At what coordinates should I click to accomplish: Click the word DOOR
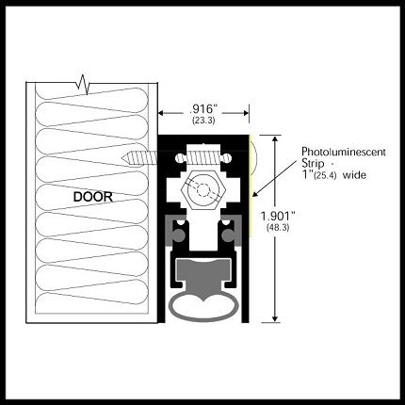(93, 197)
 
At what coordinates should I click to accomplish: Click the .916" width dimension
(203, 109)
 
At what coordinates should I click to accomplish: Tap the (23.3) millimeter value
(203, 121)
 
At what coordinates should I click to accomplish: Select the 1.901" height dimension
(278, 216)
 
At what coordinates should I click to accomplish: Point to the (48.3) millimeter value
(278, 228)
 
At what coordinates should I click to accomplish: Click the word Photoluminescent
(344, 152)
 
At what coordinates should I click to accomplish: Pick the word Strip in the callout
(313, 163)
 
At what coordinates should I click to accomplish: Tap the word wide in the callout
(354, 174)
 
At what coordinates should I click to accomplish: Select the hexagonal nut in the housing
(203, 189)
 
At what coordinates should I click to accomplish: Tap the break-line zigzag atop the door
(83, 84)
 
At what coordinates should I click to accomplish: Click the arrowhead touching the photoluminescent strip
(255, 194)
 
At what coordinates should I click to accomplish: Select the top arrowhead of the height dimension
(275, 139)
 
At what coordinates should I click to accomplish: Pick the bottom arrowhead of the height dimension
(275, 318)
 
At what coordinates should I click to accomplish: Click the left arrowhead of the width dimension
(162, 113)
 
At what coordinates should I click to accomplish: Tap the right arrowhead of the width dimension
(245, 113)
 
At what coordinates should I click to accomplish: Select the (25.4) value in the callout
(326, 175)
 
